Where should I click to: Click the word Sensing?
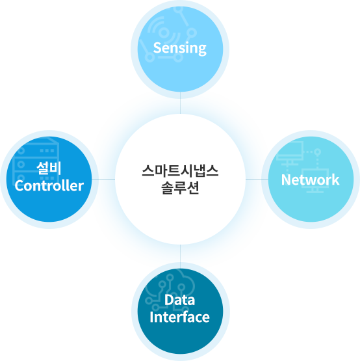[179, 48]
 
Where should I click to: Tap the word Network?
[311, 180]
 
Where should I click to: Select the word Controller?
[49, 186]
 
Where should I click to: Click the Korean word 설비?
[49, 168]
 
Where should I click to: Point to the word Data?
[179, 300]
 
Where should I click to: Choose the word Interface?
[179, 317]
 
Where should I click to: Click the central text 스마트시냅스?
[180, 171]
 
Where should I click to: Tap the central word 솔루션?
[180, 188]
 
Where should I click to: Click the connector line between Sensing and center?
[181, 103]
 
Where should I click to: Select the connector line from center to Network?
[257, 180]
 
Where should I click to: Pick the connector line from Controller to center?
[103, 180]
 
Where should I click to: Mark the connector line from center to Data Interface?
[181, 256]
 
